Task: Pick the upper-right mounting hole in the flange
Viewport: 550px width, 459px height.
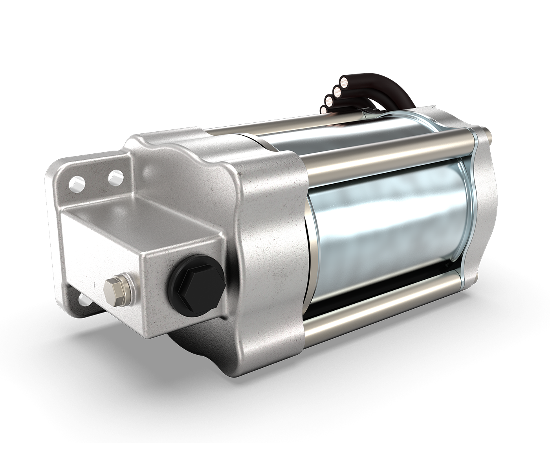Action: click(x=115, y=177)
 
